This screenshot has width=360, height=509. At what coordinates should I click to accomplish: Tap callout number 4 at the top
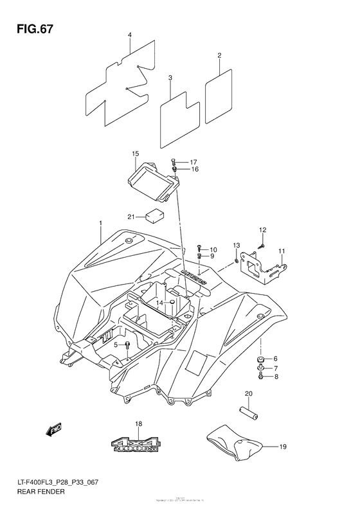(x=129, y=35)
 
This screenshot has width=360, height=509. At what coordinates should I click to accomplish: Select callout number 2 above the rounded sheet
(x=219, y=56)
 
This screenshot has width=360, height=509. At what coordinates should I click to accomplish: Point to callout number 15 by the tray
(x=136, y=154)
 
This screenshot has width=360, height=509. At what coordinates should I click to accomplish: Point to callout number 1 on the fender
(x=100, y=223)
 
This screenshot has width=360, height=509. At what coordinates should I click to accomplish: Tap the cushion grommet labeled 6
(x=261, y=359)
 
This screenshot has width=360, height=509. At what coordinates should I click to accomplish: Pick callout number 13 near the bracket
(x=236, y=245)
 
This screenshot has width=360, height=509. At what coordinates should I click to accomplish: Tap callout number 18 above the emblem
(x=138, y=424)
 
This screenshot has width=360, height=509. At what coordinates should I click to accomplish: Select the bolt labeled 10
(x=200, y=247)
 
